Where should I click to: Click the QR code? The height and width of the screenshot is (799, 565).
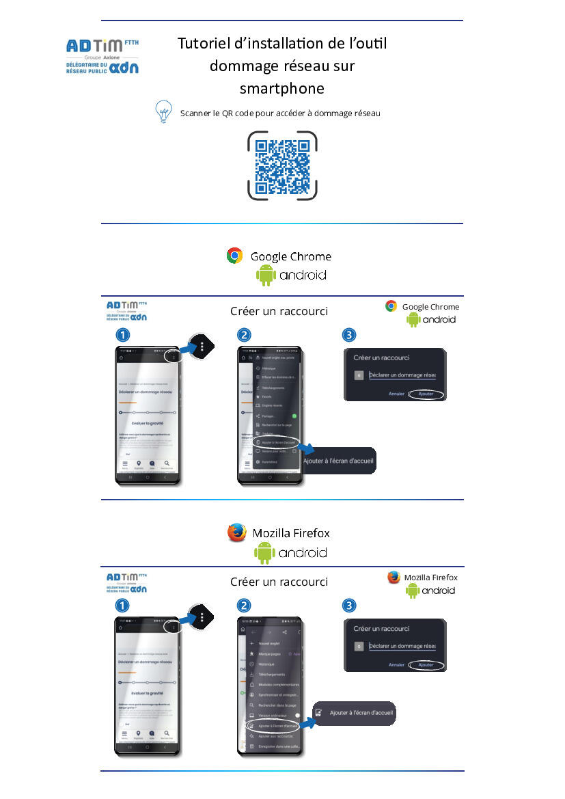282,165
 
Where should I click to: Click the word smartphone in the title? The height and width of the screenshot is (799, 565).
281,88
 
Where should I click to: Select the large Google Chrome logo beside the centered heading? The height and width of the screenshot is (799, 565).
235,256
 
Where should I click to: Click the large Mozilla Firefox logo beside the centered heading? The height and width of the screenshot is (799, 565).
237,532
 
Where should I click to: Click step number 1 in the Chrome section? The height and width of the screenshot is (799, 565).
123,335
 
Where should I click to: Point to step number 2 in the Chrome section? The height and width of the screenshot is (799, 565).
244,335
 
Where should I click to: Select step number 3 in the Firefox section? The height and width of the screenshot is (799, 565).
349,606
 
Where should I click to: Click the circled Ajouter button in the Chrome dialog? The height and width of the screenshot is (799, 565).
426,394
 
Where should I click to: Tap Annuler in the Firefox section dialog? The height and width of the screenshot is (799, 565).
396,665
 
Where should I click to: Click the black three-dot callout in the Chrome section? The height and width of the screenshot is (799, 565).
202,347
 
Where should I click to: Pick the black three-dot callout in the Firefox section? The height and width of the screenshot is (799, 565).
202,617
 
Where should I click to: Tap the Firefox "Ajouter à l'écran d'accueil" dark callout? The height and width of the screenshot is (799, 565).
355,713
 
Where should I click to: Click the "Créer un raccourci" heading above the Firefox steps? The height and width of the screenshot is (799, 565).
279,582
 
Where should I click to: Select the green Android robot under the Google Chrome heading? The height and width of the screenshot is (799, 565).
265,275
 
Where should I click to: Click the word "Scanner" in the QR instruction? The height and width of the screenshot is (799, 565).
195,113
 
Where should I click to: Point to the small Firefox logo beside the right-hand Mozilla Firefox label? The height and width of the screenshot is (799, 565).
394,578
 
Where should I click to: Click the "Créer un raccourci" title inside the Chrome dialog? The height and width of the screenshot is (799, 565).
381,357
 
